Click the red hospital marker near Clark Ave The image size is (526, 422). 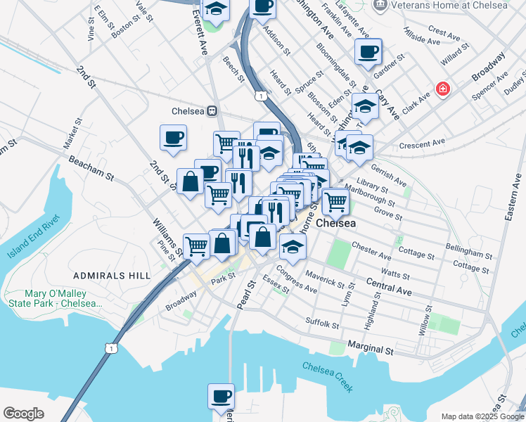tap(443, 89)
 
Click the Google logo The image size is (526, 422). tap(23, 414)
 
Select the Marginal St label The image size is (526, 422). tap(370, 349)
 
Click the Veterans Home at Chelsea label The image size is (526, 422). tap(449, 6)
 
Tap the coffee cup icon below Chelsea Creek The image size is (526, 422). tap(222, 395)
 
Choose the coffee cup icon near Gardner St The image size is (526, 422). tap(368, 51)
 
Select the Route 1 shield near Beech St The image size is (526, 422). tap(260, 96)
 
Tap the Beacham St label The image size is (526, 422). tap(91, 170)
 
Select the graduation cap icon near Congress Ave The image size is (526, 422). tap(293, 246)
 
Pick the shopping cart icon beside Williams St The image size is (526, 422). tap(197, 245)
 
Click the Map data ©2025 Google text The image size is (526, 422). tap(482, 416)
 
